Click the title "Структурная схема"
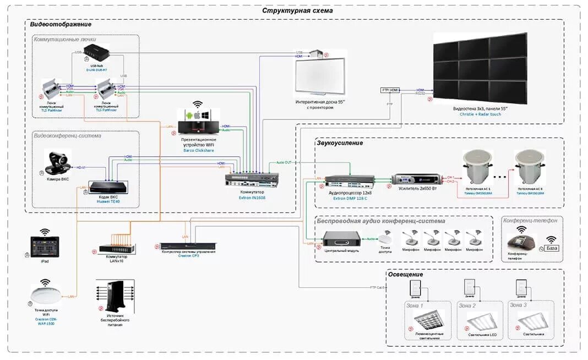pos(297,10)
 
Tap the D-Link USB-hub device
pos(96,53)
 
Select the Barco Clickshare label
pos(198,150)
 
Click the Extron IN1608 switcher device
pos(253,180)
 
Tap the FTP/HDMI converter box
pos(390,90)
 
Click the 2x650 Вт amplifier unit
pos(416,179)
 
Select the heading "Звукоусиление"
pos(340,143)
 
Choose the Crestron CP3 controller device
pos(188,246)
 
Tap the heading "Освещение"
pos(405,274)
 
